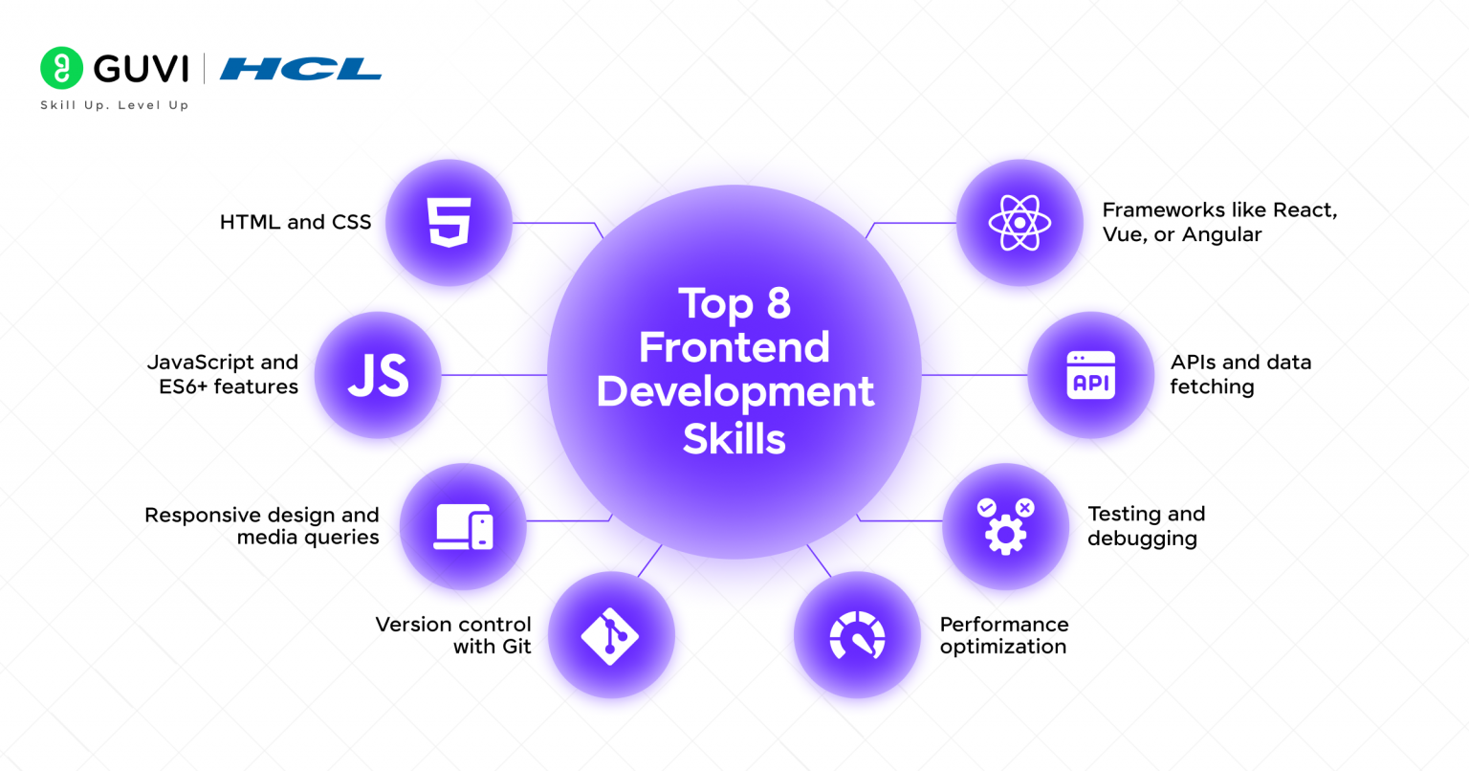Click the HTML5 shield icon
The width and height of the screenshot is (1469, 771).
449,223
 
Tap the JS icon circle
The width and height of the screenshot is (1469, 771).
378,375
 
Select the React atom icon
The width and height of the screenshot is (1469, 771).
1020,223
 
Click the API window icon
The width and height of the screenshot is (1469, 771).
1090,375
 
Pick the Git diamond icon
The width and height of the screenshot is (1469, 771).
610,635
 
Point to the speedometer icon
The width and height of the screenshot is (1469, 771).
857,635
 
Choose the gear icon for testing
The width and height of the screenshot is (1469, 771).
1005,526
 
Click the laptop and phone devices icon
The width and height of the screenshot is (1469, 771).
464,527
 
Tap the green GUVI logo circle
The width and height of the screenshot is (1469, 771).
61,68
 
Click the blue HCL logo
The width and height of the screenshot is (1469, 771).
300,69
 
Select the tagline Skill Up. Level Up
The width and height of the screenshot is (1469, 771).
115,105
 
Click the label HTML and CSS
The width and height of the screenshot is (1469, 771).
296,222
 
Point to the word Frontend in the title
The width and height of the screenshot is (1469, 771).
734,347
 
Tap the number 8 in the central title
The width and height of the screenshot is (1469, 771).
778,304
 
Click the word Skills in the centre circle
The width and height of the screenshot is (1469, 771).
734,439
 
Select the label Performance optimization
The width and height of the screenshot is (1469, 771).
1003,635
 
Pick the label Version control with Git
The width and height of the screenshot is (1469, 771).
453,635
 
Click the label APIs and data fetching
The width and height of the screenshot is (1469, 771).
1239,374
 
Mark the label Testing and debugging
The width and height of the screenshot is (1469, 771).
1145,526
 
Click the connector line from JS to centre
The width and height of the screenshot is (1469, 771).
493,375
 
